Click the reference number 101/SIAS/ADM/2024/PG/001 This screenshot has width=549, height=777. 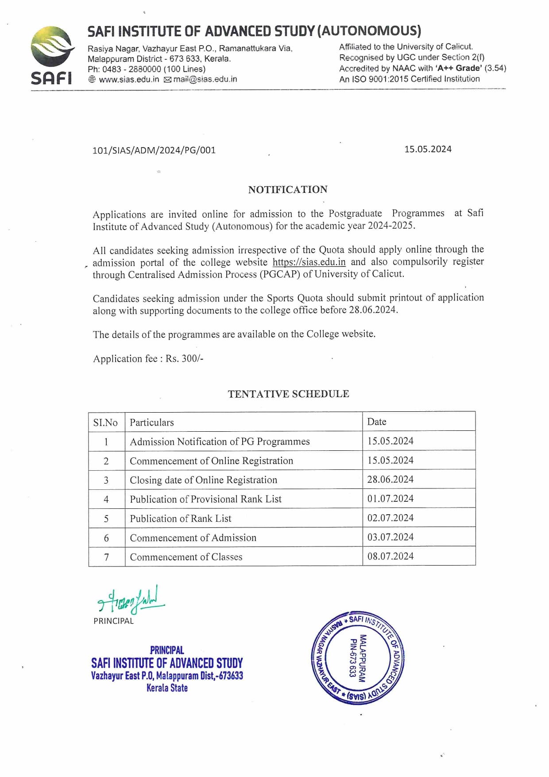[x=154, y=150]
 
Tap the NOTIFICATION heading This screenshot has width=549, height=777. [x=288, y=190]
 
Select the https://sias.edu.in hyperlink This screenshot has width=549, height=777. [x=309, y=262]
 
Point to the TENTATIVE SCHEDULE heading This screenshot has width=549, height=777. [x=288, y=394]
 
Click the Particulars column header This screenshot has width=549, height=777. [x=151, y=422]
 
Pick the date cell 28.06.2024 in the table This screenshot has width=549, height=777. [x=390, y=480]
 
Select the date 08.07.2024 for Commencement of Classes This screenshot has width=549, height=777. [x=390, y=556]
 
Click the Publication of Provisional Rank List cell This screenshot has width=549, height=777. [x=205, y=499]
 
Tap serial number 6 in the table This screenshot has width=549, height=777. [x=106, y=538]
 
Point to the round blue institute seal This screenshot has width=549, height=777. [x=358, y=657]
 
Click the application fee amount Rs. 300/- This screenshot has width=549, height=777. [x=185, y=359]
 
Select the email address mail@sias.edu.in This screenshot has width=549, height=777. [x=205, y=79]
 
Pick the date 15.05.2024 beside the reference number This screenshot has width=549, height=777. [x=428, y=149]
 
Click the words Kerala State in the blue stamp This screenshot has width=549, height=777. [x=167, y=688]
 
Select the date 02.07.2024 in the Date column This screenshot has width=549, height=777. [x=390, y=518]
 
